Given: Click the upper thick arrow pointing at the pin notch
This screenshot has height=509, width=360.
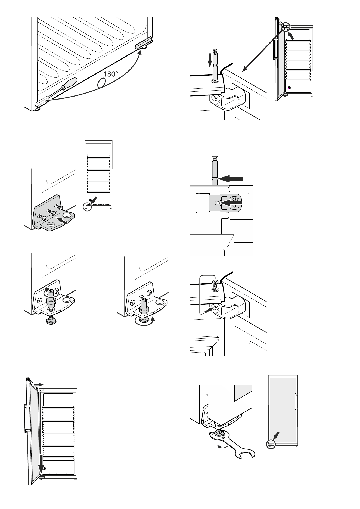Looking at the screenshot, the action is [231, 178].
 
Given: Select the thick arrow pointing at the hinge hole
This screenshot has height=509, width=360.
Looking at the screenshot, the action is [231, 203].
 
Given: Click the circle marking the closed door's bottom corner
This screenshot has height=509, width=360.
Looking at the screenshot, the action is [271, 444].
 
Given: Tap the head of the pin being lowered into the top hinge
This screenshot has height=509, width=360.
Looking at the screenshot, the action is [215, 51].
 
